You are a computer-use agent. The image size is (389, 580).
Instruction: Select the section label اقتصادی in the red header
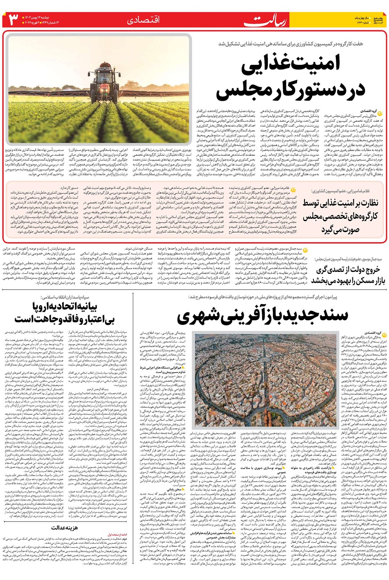pos(143,20)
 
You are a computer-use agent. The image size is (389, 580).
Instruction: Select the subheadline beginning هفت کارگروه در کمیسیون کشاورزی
pos(290,43)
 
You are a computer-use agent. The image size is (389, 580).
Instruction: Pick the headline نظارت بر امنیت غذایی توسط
pos(340,203)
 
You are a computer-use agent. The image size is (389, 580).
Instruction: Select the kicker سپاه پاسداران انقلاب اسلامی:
pos(67,297)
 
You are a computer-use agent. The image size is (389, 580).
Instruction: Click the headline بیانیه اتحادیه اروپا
pos(65,307)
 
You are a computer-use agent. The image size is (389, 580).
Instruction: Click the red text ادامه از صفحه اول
pos(117,534)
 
